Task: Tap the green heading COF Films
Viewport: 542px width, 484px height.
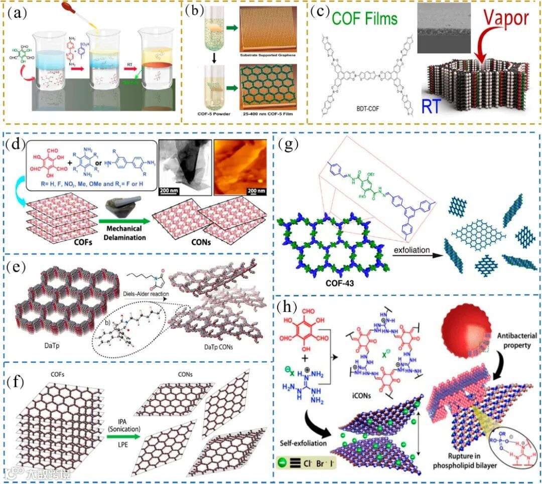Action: point(358,20)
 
